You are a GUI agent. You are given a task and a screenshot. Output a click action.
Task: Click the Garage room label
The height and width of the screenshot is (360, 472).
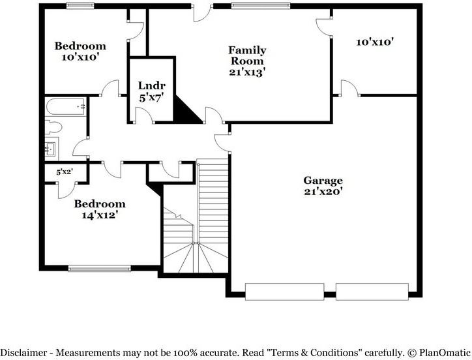click(323, 186)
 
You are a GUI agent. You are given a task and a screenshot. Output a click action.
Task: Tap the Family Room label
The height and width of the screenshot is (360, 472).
click(246, 61)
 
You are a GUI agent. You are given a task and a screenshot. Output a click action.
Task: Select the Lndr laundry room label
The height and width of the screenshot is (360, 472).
click(152, 91)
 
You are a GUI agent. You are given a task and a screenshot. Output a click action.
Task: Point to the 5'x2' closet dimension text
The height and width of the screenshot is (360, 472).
click(64, 172)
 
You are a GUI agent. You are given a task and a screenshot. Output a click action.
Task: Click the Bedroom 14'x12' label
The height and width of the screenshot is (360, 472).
click(99, 208)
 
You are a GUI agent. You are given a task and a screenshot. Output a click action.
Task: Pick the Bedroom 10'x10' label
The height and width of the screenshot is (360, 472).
click(80, 52)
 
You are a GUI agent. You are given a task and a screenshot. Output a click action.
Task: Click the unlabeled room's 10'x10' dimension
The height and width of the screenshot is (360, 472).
click(374, 42)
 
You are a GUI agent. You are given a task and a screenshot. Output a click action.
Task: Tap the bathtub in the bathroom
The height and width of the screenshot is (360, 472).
click(65, 106)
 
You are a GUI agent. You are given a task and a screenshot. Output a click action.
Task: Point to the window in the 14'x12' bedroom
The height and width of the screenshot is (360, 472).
click(99, 267)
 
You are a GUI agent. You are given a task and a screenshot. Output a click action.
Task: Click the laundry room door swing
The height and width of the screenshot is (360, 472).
click(142, 115)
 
